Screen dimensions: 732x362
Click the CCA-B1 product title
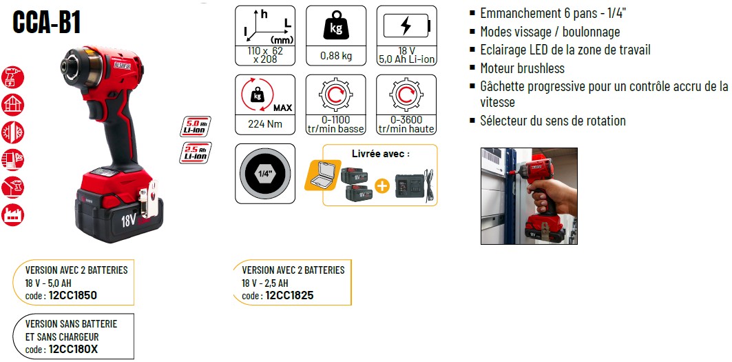(46, 23)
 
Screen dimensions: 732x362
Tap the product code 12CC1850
(72, 295)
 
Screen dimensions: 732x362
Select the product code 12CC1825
(289, 295)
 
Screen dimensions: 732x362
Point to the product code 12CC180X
(73, 349)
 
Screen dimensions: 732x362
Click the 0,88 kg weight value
(335, 56)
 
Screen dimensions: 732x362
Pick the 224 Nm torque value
(264, 124)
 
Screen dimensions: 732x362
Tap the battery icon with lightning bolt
(406, 26)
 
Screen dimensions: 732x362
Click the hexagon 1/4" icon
(264, 174)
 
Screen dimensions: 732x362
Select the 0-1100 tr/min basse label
(335, 124)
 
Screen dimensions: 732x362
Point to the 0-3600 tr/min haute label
(406, 124)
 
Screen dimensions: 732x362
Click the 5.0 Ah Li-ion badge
(195, 126)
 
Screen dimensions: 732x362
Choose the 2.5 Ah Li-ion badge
(195, 152)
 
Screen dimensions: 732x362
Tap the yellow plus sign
(382, 187)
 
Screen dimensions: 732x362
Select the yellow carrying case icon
(322, 174)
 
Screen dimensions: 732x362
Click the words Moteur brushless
(523, 68)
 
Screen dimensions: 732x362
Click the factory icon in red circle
(12, 214)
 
